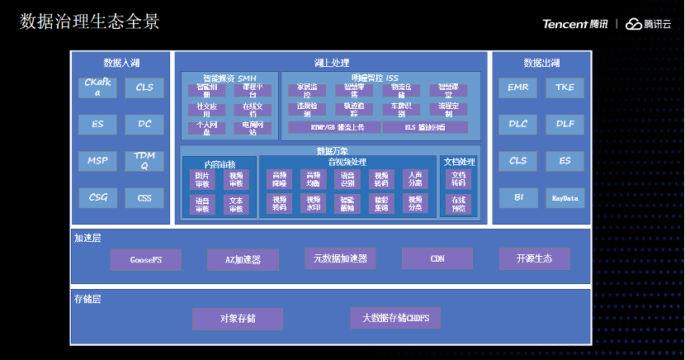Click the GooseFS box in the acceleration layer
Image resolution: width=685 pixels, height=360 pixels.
pyautogui.click(x=145, y=260)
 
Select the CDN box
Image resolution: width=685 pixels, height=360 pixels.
pyautogui.click(x=437, y=258)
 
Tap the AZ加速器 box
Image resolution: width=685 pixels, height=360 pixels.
pyautogui.click(x=243, y=260)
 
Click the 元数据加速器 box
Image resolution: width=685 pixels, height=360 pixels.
pyautogui.click(x=340, y=259)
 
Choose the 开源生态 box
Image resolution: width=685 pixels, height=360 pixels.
pyautogui.click(x=535, y=258)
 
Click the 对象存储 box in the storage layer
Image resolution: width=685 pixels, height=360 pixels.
pyautogui.click(x=238, y=319)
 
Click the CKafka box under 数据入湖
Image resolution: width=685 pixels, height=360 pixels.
pyautogui.click(x=98, y=88)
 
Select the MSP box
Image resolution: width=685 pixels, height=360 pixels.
pyautogui.click(x=98, y=160)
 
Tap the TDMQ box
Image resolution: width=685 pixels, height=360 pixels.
pyautogui.click(x=145, y=160)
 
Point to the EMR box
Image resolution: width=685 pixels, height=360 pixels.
pyautogui.click(x=518, y=88)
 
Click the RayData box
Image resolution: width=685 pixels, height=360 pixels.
pyautogui.click(x=565, y=198)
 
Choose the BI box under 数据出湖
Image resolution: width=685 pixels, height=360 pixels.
pyautogui.click(x=518, y=198)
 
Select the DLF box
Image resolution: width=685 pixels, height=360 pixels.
pyautogui.click(x=565, y=124)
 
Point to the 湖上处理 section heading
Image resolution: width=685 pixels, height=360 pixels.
pyautogui.click(x=333, y=63)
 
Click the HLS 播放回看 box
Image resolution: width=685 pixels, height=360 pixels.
pyautogui.click(x=424, y=128)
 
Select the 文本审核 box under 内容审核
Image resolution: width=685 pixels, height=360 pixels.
pyautogui.click(x=236, y=205)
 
